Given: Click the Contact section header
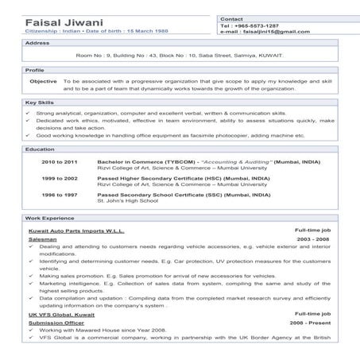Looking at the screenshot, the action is click(x=231, y=17).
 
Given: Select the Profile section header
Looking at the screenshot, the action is click(x=35, y=70).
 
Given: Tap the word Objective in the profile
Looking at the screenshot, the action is click(x=43, y=81).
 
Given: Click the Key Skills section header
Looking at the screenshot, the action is click(x=41, y=103).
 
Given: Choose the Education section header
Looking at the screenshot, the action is click(x=41, y=149).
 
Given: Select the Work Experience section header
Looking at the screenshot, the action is click(x=49, y=218).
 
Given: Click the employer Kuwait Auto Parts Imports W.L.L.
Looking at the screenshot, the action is click(x=78, y=230).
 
